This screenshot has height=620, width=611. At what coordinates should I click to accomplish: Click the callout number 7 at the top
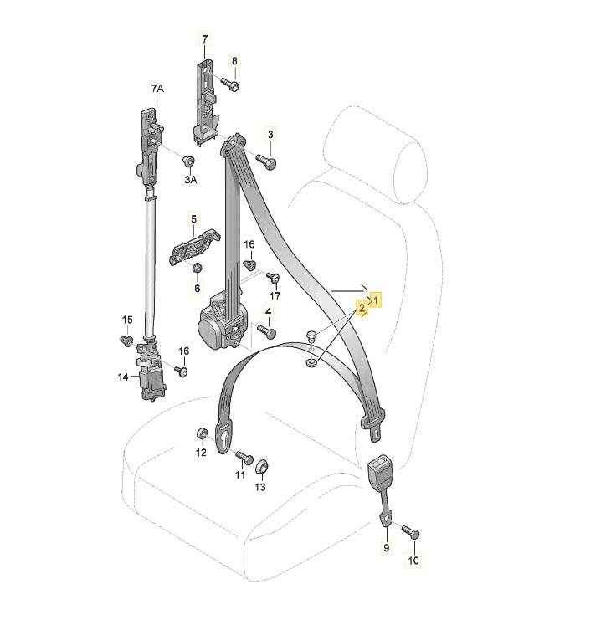pos(204,39)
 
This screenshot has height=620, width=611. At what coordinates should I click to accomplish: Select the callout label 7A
pos(157,88)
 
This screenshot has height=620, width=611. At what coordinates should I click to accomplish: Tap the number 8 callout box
pos(234,61)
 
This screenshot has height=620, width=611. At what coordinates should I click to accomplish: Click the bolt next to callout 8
pos(230,85)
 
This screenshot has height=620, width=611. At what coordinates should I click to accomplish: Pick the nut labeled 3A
pos(188,161)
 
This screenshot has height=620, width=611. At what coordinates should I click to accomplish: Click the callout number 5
pos(194,219)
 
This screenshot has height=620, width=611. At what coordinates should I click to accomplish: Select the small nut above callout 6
pos(197,269)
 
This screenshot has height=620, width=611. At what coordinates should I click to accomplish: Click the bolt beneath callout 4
pos(266,331)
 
